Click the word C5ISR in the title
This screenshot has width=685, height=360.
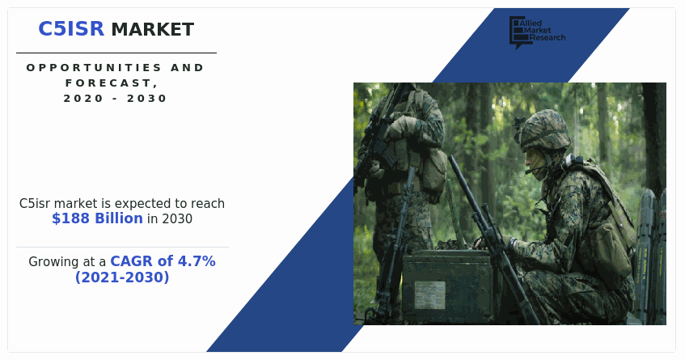click(x=71, y=29)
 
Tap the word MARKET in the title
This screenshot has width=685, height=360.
click(x=152, y=30)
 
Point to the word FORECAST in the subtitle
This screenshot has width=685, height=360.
click(x=113, y=83)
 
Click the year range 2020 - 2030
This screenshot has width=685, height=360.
click(x=116, y=98)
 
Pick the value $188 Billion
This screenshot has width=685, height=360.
click(x=97, y=218)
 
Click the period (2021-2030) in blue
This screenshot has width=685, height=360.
click(x=122, y=277)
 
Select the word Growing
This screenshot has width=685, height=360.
click(x=56, y=262)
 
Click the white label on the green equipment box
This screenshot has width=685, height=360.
click(x=430, y=292)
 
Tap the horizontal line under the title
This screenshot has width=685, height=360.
click(x=116, y=53)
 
